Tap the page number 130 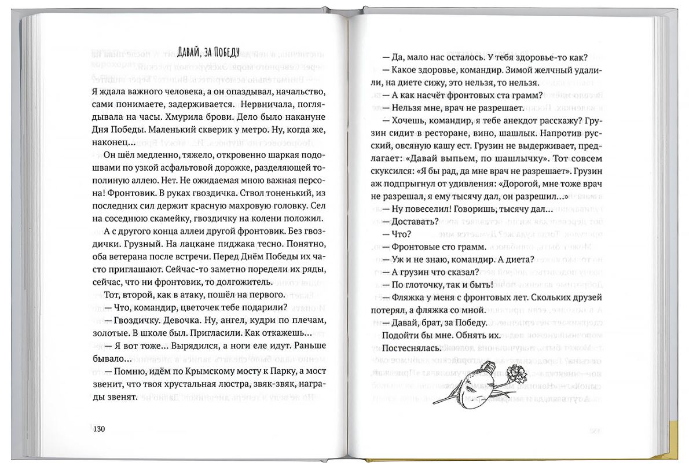98,428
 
